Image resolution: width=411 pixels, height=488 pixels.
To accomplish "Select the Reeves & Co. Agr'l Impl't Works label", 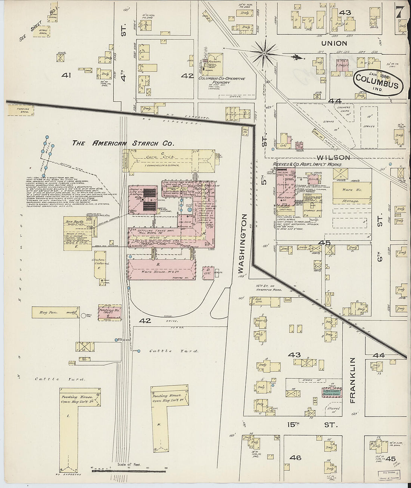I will (308, 164).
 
